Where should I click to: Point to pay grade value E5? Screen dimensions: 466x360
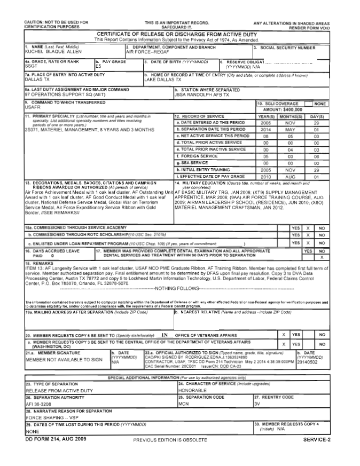pyautogui.click(x=98, y=67)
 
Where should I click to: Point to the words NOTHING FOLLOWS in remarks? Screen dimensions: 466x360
pyautogui.click(x=176, y=288)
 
